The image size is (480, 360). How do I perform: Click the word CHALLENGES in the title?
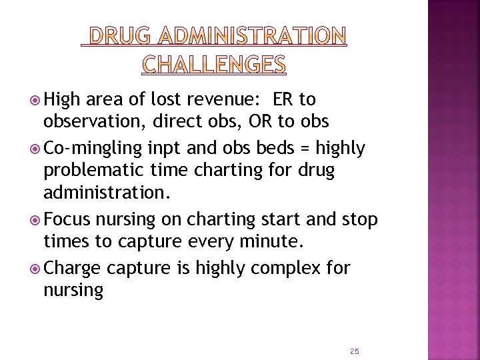pos(214,63)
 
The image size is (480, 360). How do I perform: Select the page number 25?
pos(355,351)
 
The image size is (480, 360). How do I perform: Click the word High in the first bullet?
pos(63,100)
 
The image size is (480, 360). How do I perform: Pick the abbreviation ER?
pos(281,100)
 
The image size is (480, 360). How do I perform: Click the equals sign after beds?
pos(306,148)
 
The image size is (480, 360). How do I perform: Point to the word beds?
pos(277,148)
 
